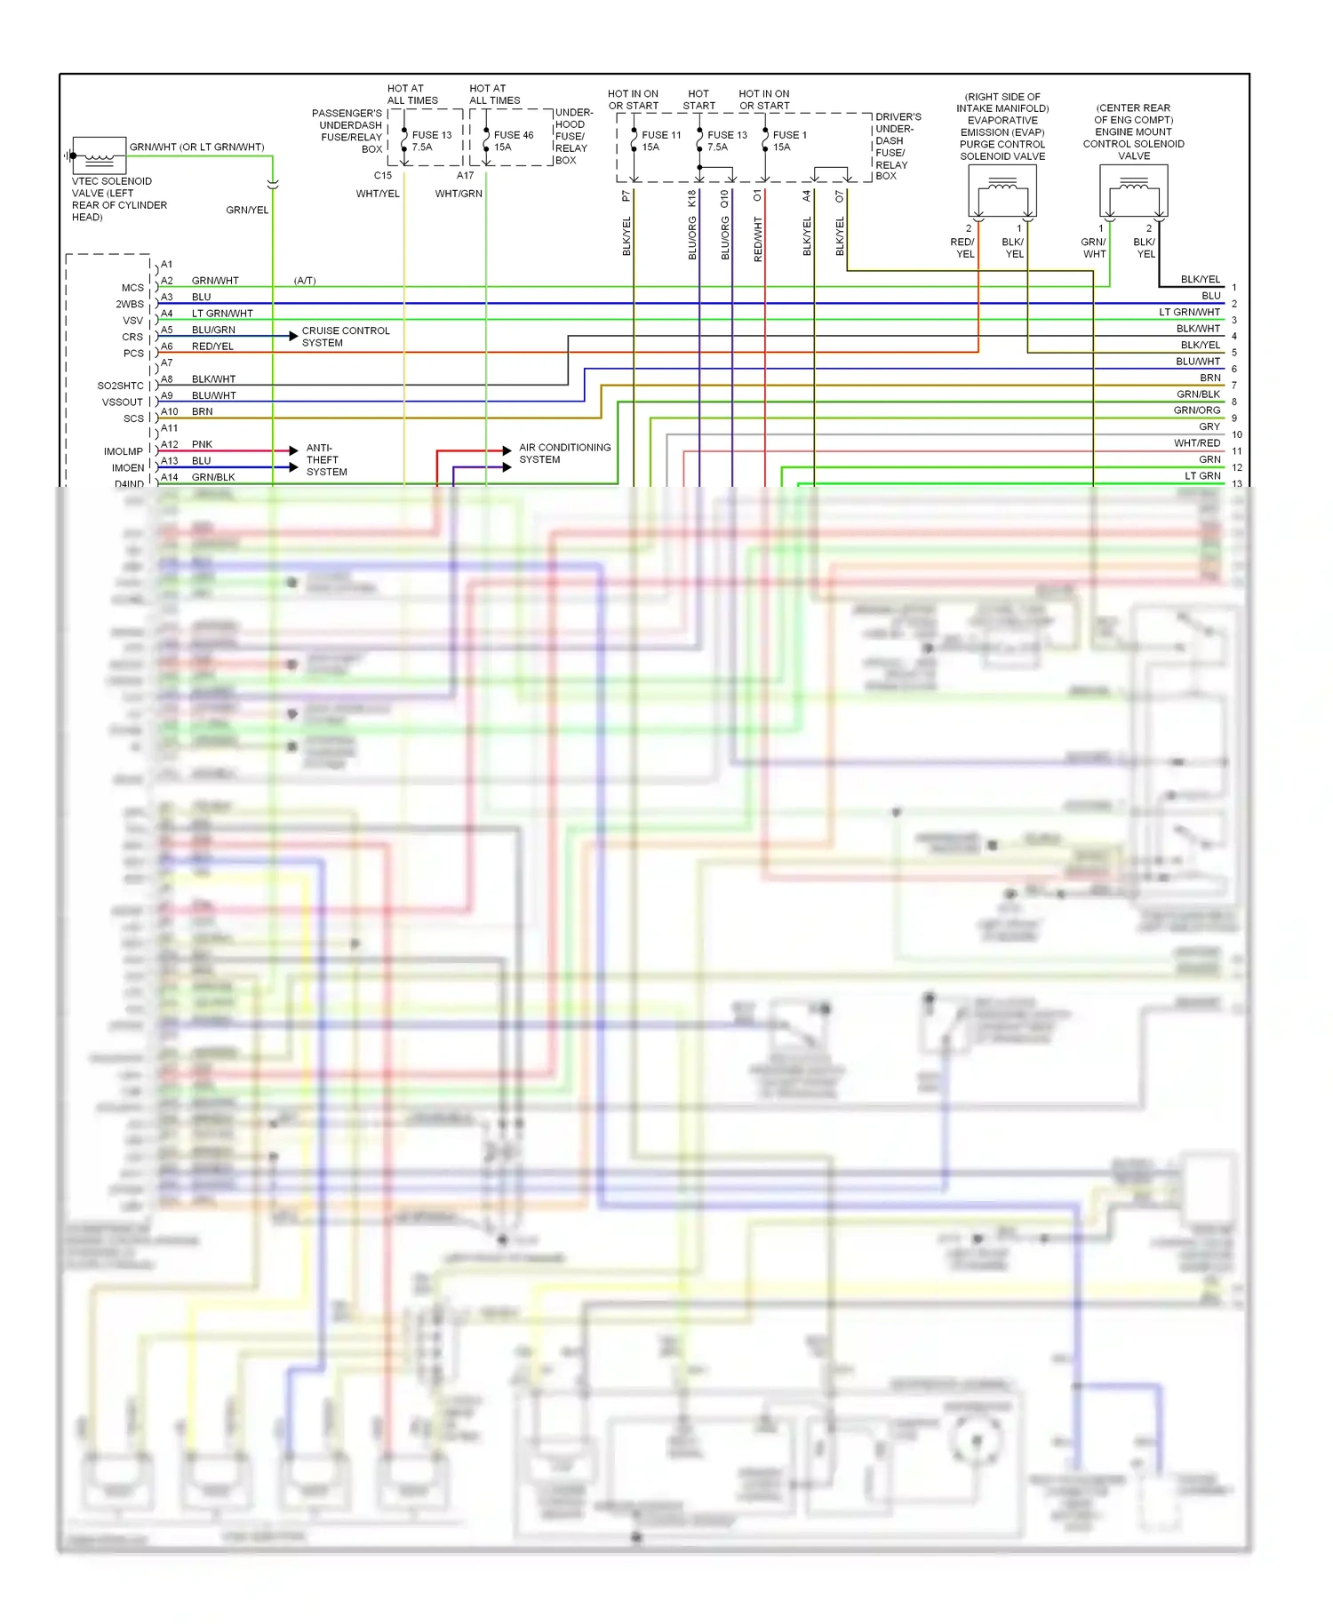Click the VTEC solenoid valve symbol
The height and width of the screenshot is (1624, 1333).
[99, 155]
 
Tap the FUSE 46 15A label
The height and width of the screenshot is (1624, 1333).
[514, 141]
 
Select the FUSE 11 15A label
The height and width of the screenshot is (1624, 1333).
[661, 141]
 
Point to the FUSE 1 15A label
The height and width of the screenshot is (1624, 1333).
[789, 141]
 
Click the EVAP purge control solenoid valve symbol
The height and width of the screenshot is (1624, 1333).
[1002, 191]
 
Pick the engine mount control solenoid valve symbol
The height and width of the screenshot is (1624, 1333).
[1134, 191]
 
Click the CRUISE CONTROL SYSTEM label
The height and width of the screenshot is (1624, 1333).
[346, 337]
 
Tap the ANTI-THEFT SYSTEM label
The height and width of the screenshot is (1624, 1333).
[326, 460]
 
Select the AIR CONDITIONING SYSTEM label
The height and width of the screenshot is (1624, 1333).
[564, 453]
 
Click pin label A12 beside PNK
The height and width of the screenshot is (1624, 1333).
[170, 444]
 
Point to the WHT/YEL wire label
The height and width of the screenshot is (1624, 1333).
[378, 194]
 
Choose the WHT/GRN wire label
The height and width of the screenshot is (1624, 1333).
[459, 194]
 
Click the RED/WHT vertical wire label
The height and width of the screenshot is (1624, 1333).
[758, 238]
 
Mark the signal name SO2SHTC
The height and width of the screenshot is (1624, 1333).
[120, 386]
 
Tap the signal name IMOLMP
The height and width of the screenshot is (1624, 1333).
[123, 451]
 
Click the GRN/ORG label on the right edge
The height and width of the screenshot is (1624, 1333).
[1196, 410]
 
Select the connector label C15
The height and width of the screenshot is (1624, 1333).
[383, 175]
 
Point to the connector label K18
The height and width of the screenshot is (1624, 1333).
[692, 198]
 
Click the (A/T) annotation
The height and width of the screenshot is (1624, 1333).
[305, 281]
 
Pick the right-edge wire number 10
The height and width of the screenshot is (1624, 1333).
[1237, 434]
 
